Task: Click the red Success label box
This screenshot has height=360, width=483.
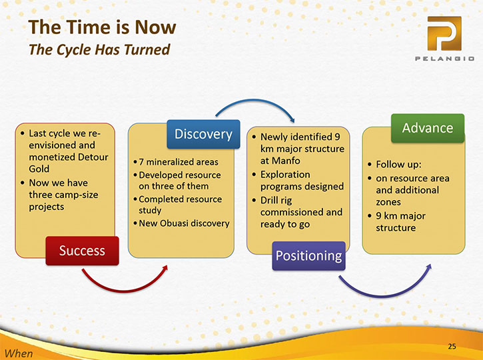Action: click(82, 251)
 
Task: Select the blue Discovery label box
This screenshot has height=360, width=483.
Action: click(203, 134)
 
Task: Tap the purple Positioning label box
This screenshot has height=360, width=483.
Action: click(308, 256)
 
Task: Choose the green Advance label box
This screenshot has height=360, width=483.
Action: click(428, 128)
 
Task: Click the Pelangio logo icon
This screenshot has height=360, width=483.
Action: click(444, 33)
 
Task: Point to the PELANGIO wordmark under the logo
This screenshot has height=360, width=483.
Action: click(444, 59)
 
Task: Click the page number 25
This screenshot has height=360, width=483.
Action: click(452, 346)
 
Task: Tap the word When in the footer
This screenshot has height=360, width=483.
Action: click(19, 353)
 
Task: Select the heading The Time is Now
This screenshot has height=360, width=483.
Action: click(103, 27)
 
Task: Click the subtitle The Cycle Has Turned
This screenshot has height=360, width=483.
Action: click(99, 49)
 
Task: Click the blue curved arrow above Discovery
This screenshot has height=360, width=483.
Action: click(254, 99)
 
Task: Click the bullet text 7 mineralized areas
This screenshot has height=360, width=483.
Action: click(179, 162)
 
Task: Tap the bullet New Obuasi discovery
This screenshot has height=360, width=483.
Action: click(184, 223)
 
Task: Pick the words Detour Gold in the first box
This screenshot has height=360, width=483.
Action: click(69, 163)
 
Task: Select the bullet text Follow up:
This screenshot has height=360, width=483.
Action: click(398, 164)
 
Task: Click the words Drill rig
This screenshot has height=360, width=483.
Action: click(276, 201)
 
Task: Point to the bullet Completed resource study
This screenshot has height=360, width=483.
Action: click(180, 205)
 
